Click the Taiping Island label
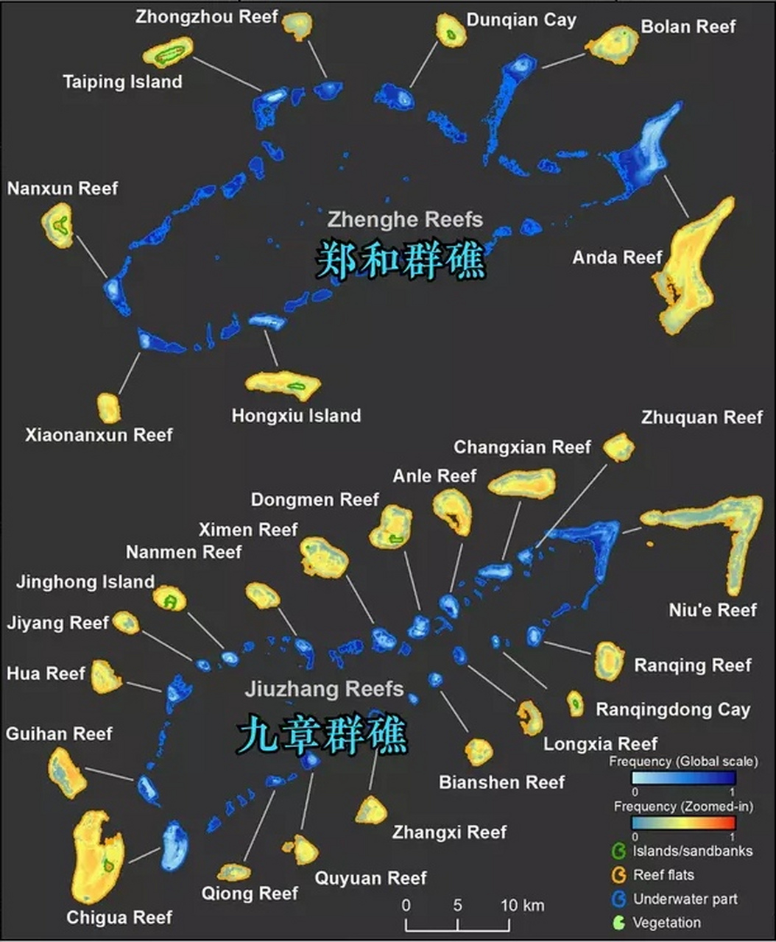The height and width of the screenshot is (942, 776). point(122,81)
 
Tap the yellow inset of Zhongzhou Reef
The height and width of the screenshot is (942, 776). point(297,26)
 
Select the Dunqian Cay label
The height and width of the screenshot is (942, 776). point(521,20)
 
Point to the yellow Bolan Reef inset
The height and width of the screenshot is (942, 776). point(613,44)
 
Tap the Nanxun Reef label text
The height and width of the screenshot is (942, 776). point(63,188)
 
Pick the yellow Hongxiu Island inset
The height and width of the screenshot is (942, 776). point(284,385)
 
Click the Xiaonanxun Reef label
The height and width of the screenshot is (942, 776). point(99,434)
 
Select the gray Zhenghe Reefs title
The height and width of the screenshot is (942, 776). point(405,219)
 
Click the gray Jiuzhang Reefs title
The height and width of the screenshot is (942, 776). point(325,689)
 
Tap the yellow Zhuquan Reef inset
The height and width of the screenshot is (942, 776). point(618,447)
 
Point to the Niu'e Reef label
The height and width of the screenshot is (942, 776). point(713,609)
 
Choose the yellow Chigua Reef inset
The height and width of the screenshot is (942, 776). point(96,857)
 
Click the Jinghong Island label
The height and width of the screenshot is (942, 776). point(85,582)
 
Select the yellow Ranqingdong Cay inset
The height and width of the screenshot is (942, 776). point(575,703)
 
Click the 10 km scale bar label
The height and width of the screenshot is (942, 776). point(522,905)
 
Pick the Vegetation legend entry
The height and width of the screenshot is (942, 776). point(666,922)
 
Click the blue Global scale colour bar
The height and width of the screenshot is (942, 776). point(683,778)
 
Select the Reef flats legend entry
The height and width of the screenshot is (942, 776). point(663,875)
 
